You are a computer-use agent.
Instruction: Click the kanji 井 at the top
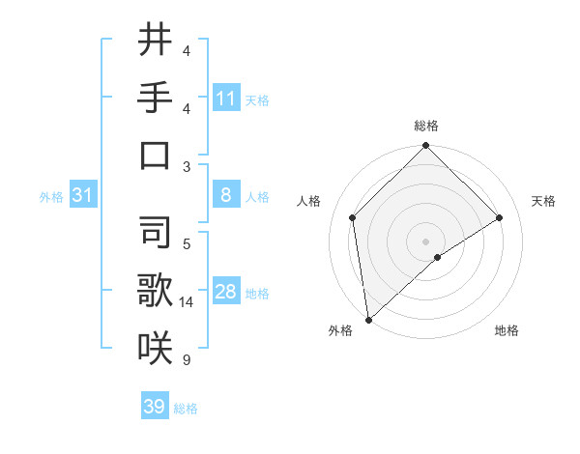[155, 41]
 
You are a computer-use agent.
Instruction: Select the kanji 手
[155, 98]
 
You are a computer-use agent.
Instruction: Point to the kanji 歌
[155, 289]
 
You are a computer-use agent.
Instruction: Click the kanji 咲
[155, 346]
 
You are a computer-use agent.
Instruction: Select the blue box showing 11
[226, 98]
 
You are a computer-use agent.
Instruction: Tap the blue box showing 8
[226, 195]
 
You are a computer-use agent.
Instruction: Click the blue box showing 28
[226, 292]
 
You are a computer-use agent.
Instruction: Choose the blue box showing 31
[83, 195]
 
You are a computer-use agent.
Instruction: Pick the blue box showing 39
[155, 407]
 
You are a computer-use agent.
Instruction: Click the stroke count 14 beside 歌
[188, 302]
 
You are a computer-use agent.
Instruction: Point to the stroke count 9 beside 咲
[186, 360]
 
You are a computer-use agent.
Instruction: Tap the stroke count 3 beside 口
[186, 166]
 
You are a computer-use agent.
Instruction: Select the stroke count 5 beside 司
[186, 243]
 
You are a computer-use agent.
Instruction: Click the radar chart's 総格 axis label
[426, 126]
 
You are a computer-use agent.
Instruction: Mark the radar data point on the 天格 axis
[500, 217]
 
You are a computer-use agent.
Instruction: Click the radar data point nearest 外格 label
[368, 319]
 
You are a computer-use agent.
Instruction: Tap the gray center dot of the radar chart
[426, 241]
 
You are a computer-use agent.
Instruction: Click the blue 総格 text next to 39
[186, 409]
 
